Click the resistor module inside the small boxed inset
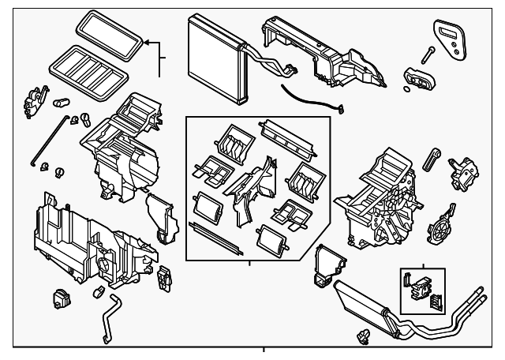point(417,283)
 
